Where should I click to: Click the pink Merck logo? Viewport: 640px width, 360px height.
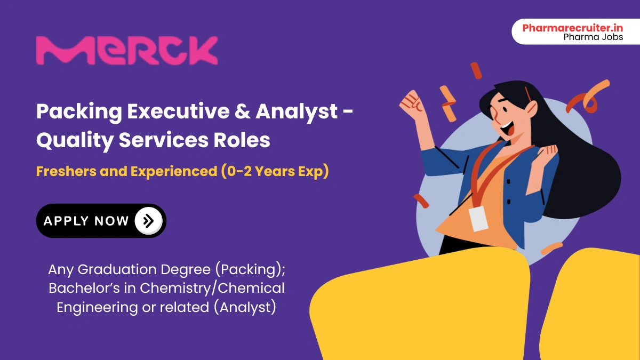126,51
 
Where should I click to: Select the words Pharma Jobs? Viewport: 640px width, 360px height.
593,37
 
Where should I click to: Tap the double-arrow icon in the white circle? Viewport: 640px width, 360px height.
148,221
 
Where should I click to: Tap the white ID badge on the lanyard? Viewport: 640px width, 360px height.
478,219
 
